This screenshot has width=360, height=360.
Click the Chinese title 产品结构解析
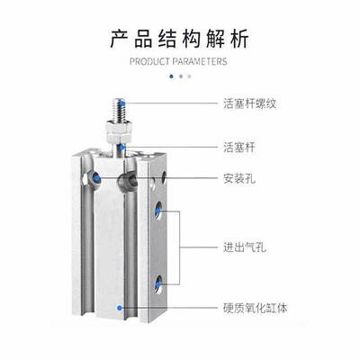(x=179, y=39)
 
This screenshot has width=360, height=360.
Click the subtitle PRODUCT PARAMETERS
(x=178, y=61)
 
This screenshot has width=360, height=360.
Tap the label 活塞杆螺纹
(x=249, y=103)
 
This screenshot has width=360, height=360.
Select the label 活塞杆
(x=239, y=148)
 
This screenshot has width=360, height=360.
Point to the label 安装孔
(x=239, y=179)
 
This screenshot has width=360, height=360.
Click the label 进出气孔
(x=245, y=247)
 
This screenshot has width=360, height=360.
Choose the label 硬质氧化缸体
(x=256, y=308)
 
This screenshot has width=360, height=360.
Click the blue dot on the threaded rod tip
(x=123, y=104)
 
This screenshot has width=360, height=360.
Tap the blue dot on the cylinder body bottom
(x=120, y=308)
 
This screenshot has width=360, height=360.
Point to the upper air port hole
(x=158, y=211)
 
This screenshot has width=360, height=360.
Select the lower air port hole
(x=158, y=283)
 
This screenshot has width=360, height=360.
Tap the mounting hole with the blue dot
(x=94, y=179)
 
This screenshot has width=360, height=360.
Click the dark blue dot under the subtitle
(x=171, y=76)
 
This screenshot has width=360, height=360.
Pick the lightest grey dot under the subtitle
(x=189, y=76)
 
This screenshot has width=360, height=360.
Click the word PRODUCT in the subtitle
(x=149, y=61)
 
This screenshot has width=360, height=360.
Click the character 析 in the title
(x=239, y=39)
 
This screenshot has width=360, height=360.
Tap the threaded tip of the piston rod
(x=119, y=109)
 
